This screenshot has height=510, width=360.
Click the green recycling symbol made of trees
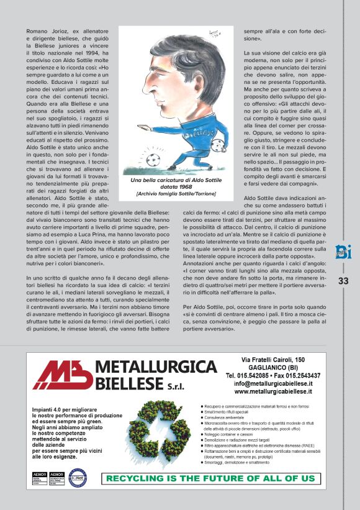point(163,430)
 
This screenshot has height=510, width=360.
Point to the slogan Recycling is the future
point(211,478)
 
